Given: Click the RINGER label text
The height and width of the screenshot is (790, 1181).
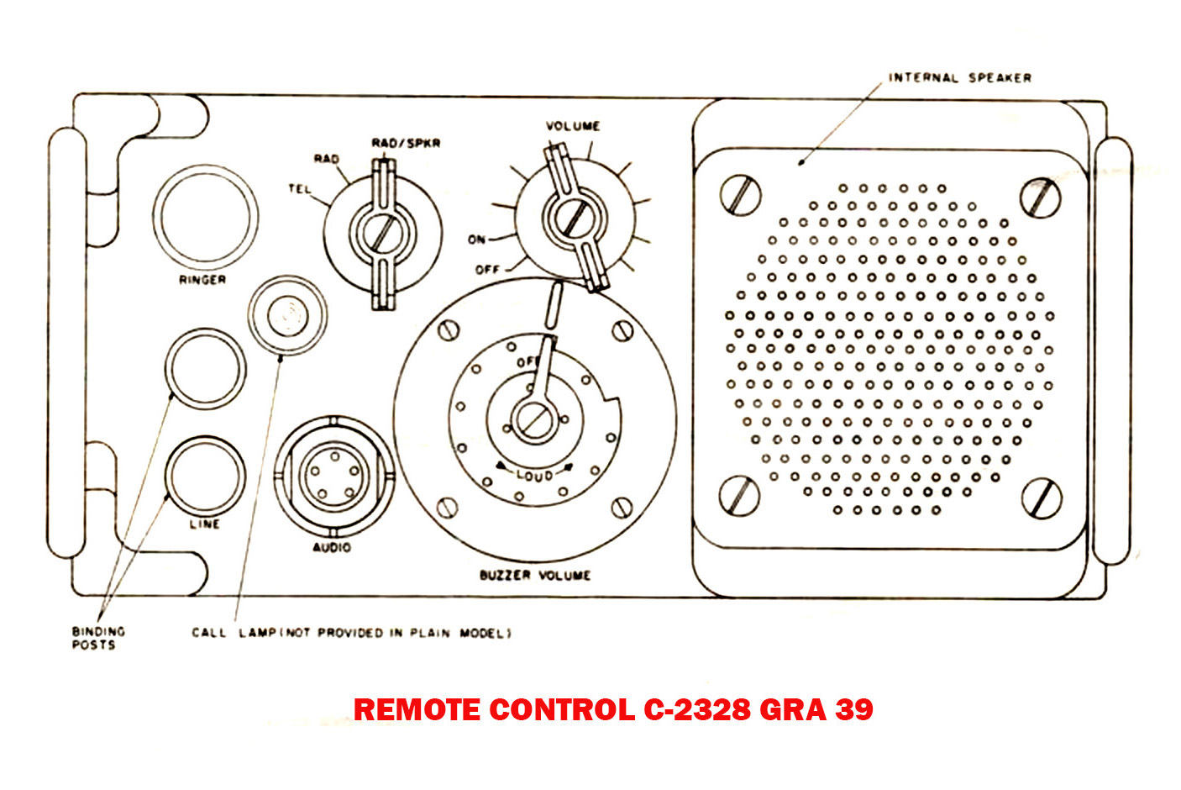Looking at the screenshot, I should coord(202,280).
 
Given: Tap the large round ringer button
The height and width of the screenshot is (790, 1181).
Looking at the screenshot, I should coord(205,215).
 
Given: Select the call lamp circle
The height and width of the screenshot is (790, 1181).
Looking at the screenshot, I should coord(287,315).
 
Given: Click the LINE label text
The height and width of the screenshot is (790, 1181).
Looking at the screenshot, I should coord(204,524).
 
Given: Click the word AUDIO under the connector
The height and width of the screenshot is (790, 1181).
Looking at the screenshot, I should coord(332,548).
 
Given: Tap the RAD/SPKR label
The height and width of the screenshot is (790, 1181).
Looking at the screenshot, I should coord(406,143).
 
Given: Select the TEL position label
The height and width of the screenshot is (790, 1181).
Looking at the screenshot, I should coord(300,189).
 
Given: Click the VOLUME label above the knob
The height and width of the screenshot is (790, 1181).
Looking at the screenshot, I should coord(573,126).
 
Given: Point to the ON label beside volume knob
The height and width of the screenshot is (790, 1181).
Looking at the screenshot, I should coord(476,240).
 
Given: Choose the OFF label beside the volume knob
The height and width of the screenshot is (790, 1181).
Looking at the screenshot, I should coord(487,270).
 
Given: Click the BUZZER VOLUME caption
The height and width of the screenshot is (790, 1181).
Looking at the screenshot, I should coord(535,576).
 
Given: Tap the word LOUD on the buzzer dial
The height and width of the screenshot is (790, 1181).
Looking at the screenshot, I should coord(534,475).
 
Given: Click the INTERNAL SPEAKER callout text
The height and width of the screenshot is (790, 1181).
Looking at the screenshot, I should coord(959,77).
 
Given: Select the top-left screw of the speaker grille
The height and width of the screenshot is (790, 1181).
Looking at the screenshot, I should coord(741,194).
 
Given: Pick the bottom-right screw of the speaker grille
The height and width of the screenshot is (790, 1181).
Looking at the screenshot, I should coord(1042,498).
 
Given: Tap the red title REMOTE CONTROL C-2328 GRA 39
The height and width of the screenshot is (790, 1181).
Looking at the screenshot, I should coord(613,710).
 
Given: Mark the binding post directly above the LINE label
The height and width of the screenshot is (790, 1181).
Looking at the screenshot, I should coord(205,474).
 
